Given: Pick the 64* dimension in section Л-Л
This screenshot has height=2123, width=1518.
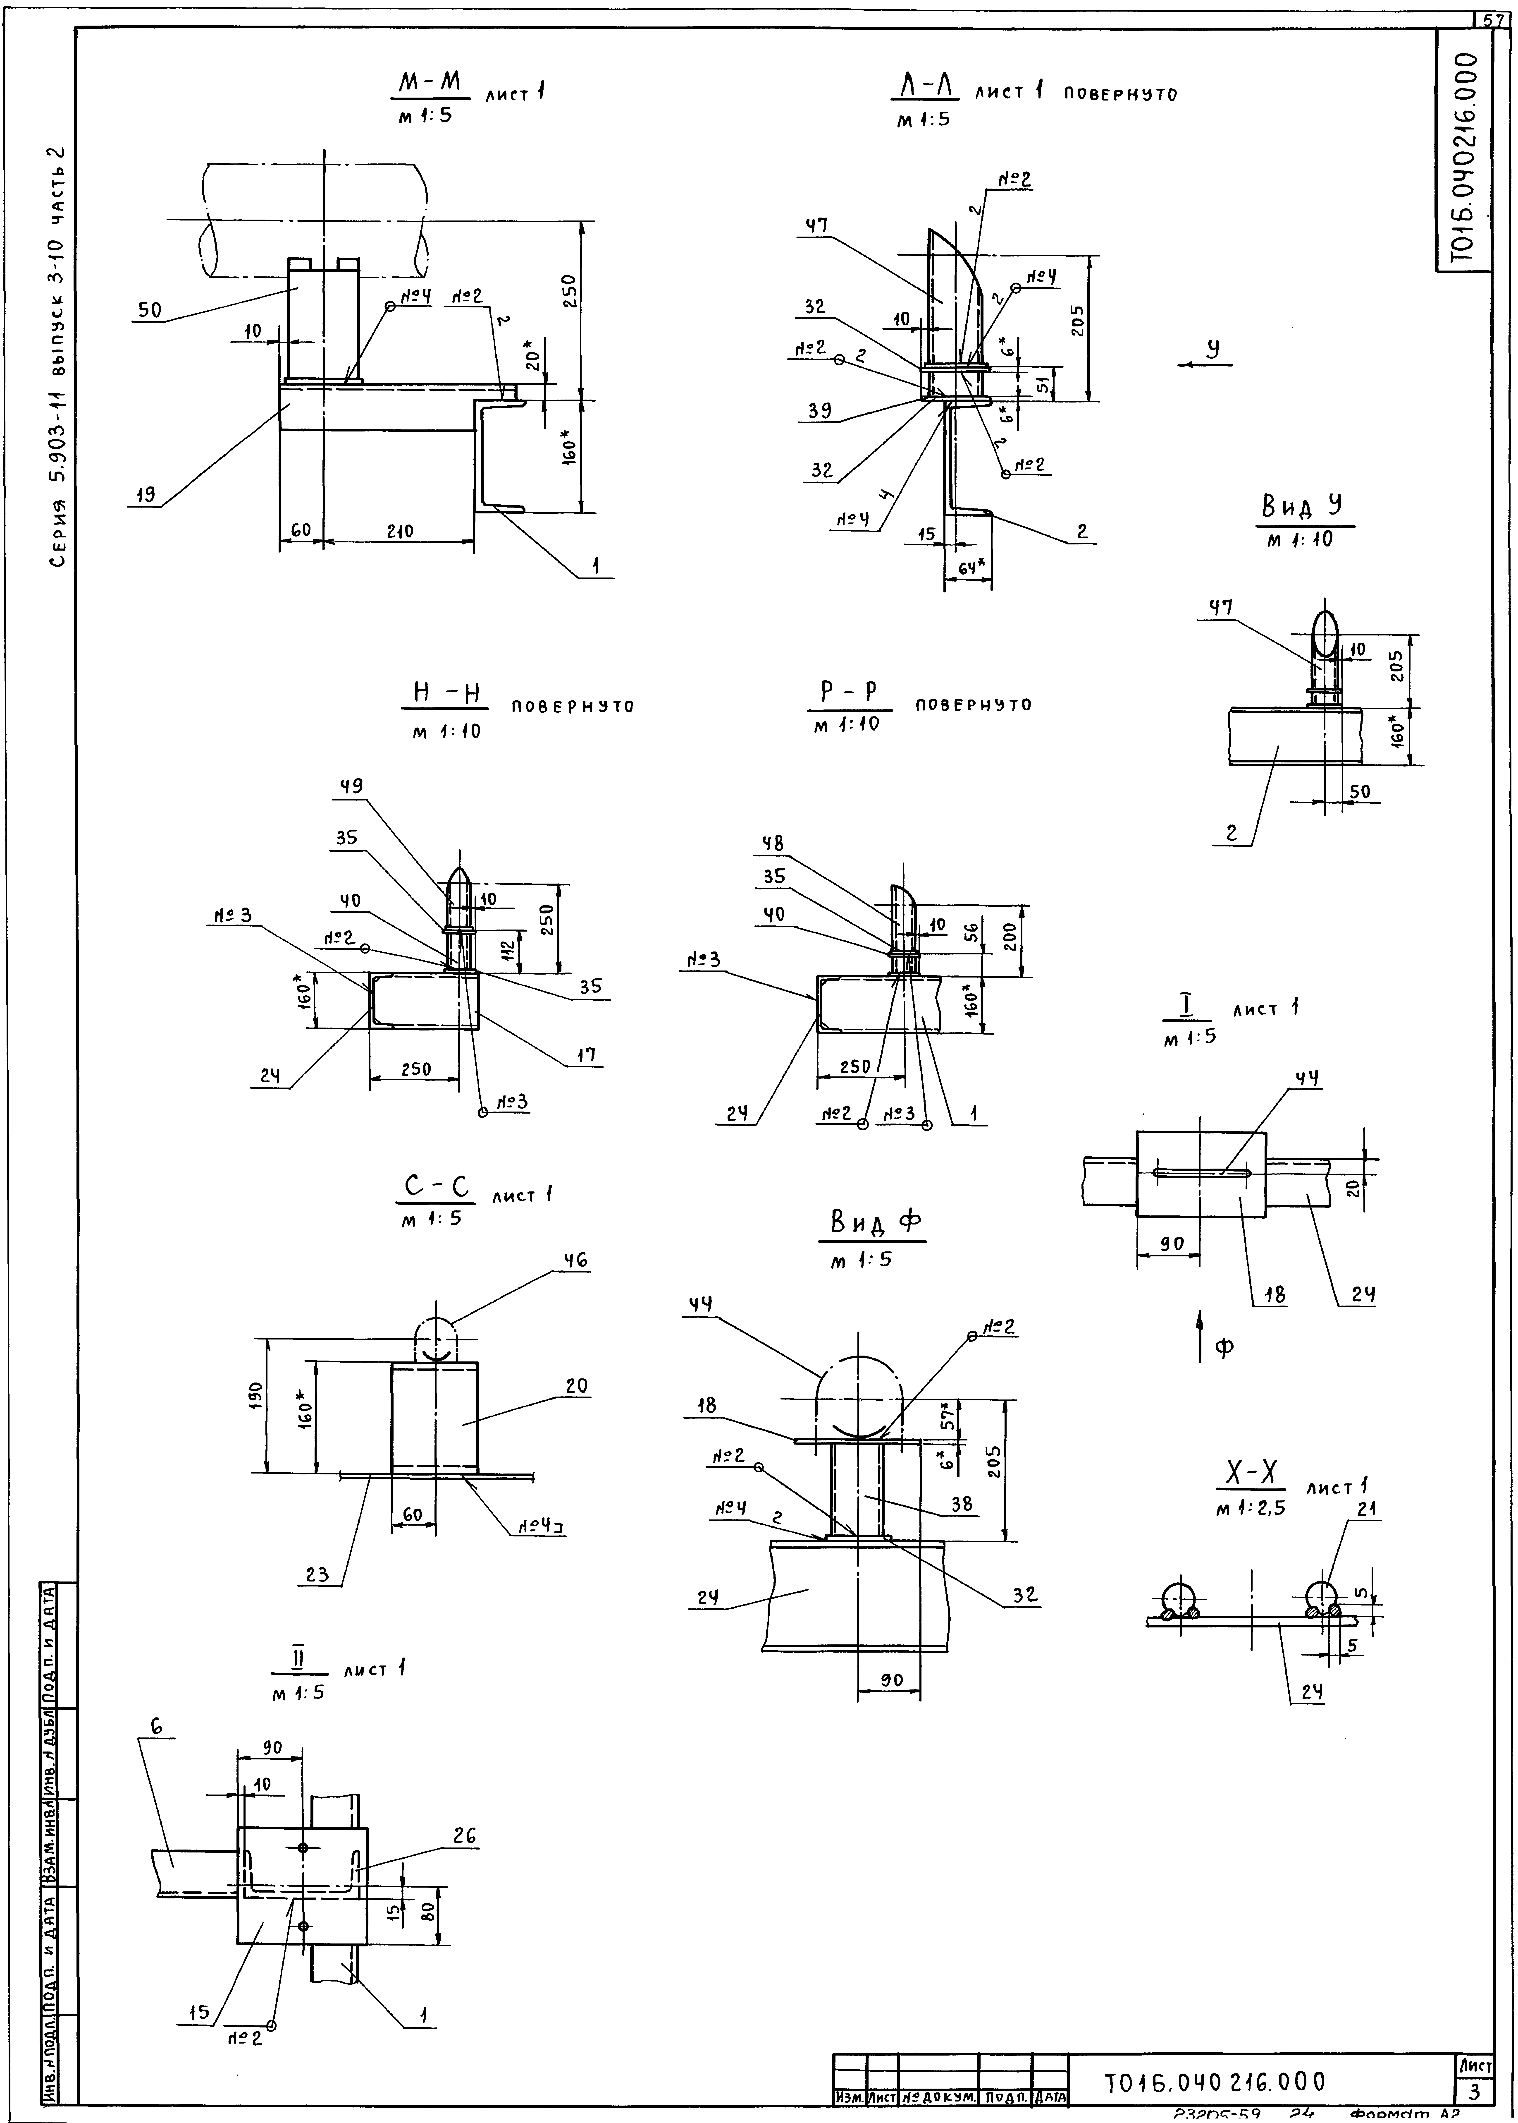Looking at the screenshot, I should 971,566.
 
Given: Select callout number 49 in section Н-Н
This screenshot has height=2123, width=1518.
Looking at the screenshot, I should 351,786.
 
